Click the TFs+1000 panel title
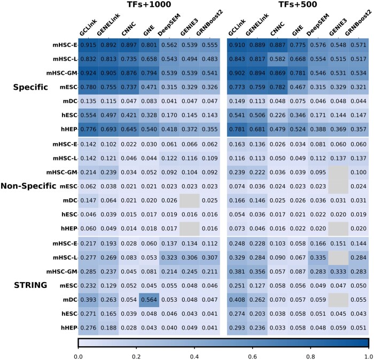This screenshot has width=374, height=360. [x=149, y=4]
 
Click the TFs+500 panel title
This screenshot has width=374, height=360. [x=298, y=4]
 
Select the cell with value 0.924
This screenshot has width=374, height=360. [x=88, y=73]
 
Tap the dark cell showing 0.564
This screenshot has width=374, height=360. [x=149, y=300]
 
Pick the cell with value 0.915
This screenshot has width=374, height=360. [x=88, y=45]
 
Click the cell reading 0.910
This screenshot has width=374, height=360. [x=237, y=45]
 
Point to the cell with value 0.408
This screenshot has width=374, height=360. [x=237, y=300]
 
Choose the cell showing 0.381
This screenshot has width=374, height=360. [x=237, y=272]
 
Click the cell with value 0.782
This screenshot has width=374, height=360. [x=278, y=87]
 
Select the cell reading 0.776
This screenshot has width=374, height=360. [x=88, y=129]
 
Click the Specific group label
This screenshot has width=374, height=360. [x=30, y=87]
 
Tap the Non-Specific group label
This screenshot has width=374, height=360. [x=28, y=186]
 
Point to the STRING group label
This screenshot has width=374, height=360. [x=30, y=285]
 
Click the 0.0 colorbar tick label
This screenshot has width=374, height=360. [x=78, y=357]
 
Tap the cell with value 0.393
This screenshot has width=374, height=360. [x=88, y=300]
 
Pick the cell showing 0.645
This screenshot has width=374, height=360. [x=129, y=129]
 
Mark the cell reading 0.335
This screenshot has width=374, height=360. [x=318, y=258]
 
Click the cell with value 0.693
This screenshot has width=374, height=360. [x=108, y=129]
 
